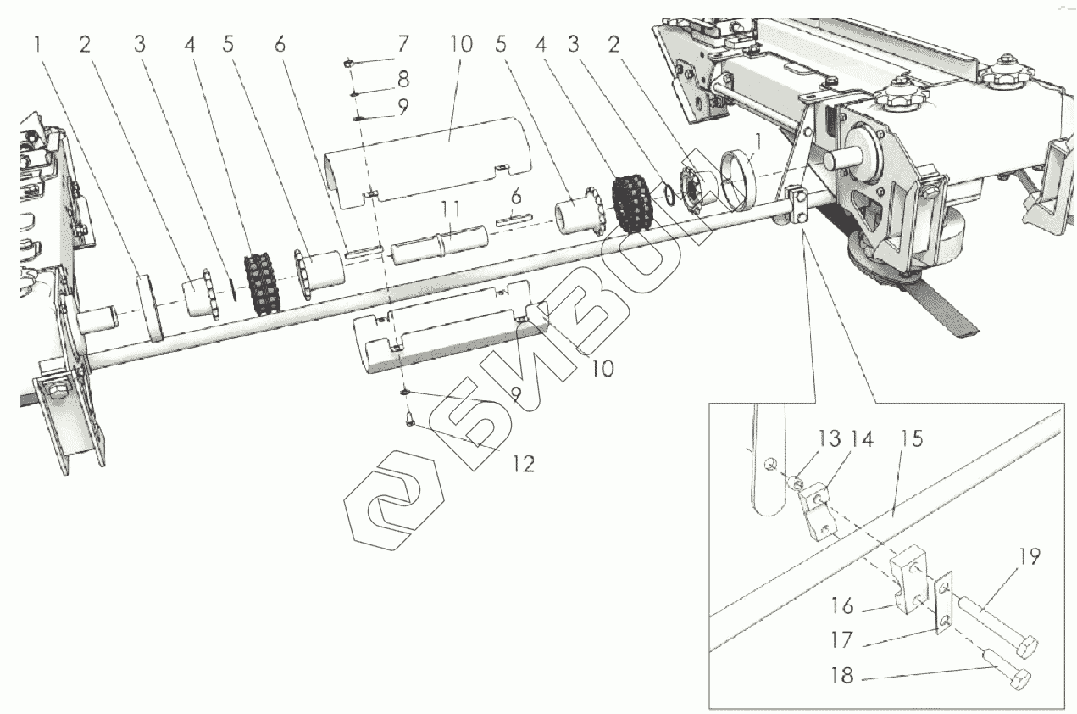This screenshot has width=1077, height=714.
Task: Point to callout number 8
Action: click(402, 81)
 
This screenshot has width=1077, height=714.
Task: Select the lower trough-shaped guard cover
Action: click(449, 326)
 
